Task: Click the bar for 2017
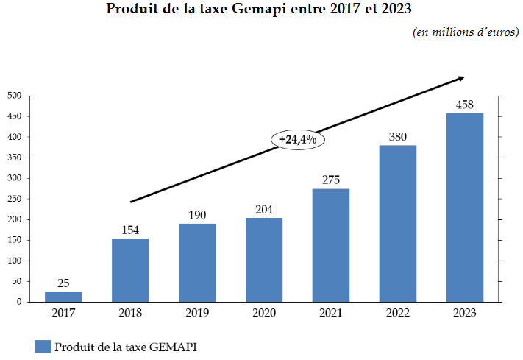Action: (63, 296)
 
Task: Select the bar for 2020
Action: (264, 259)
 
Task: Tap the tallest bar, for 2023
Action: (464, 207)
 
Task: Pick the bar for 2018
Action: (130, 269)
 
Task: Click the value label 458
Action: (464, 105)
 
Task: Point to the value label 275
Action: (330, 180)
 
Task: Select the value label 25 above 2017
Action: (63, 283)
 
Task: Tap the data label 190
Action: (197, 215)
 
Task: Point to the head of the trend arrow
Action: (461, 77)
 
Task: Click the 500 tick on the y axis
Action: (14, 96)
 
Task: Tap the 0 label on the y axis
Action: (19, 302)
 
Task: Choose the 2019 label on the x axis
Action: (197, 312)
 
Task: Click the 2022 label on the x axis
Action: (397, 312)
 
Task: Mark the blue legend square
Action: (42, 346)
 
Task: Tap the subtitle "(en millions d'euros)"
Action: (465, 32)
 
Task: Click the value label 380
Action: (397, 136)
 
